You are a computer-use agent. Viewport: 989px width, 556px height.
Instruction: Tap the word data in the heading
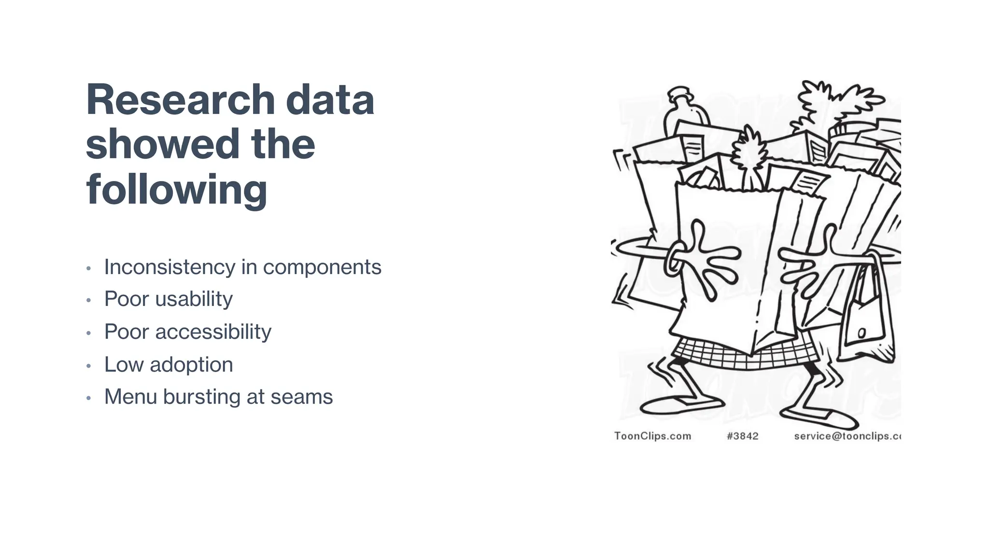point(330,100)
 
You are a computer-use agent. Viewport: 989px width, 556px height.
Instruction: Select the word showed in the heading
point(163,144)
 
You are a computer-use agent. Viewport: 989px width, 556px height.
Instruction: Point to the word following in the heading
point(176,190)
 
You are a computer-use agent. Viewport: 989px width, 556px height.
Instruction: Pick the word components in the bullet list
point(322,268)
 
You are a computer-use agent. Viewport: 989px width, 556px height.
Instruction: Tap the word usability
point(194,300)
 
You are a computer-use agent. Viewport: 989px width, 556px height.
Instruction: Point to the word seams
point(301,397)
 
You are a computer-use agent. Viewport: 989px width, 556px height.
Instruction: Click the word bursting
point(201,397)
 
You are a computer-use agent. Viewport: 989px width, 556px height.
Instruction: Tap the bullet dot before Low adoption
point(88,366)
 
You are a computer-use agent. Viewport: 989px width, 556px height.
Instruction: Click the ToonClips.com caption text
point(652,436)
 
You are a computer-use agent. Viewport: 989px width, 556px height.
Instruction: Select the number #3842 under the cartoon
point(742,436)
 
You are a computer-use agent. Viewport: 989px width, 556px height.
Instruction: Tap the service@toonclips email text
point(847,436)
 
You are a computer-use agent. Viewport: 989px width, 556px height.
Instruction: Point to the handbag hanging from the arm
point(864,319)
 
